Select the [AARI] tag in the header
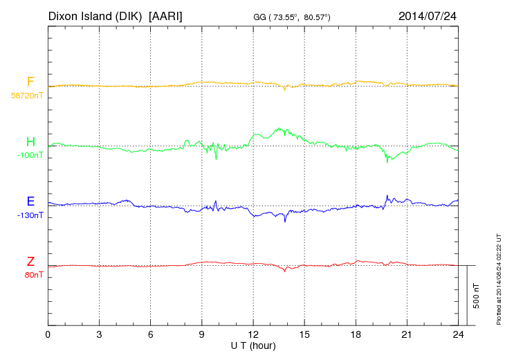(x=166, y=15)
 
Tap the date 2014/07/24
(x=428, y=15)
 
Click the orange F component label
(x=30, y=82)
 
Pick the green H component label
(x=30, y=142)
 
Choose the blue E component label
(x=30, y=201)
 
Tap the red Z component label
(x=30, y=261)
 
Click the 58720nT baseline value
(x=26, y=96)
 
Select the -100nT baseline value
(x=30, y=156)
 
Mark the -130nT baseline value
(x=30, y=215)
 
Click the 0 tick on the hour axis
(x=48, y=335)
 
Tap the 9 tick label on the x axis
(x=202, y=335)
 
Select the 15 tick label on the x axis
(x=304, y=335)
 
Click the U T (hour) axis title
(x=253, y=345)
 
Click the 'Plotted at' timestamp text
(x=499, y=277)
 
